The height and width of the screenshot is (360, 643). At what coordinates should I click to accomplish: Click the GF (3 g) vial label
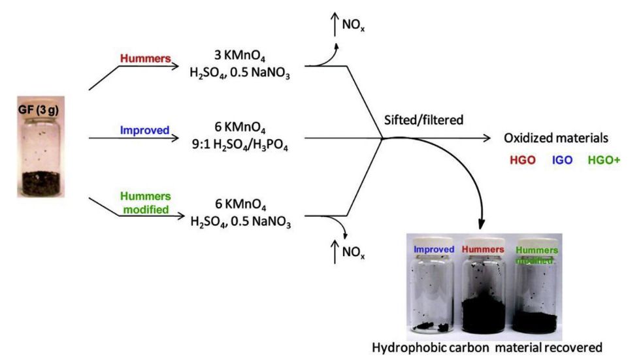[39, 110]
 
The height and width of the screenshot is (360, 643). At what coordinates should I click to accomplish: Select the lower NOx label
[351, 254]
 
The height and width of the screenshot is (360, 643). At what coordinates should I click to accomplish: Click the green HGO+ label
[602, 159]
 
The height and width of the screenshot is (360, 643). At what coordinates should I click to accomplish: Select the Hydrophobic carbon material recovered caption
[486, 348]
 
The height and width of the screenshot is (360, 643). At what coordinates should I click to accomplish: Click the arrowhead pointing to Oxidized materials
[487, 138]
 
